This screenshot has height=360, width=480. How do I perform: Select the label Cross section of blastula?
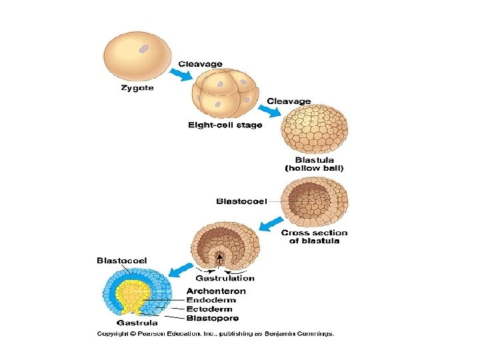point(314,237)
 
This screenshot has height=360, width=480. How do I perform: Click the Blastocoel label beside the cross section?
point(241,201)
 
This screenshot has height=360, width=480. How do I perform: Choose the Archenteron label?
point(216,291)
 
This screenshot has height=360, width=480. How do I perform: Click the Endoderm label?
point(212,299)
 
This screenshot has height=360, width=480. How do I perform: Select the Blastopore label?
point(213,318)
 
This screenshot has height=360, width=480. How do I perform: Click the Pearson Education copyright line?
point(215,333)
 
